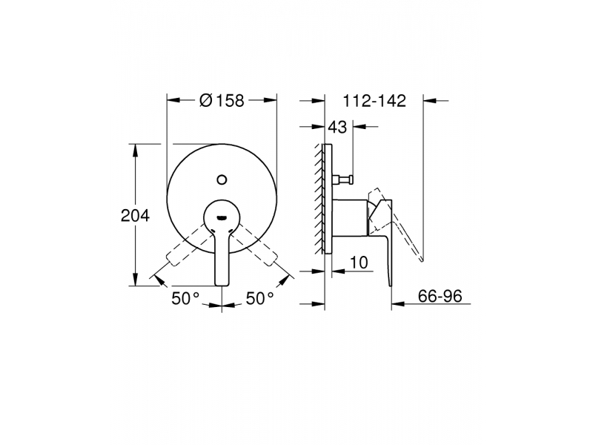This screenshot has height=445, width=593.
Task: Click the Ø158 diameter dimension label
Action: tap(222, 101)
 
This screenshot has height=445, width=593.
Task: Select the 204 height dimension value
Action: tap(135, 216)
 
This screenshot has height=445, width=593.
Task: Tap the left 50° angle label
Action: tap(185, 298)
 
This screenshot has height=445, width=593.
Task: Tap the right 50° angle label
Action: tap(260, 298)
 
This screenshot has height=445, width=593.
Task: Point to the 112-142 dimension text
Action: tap(374, 101)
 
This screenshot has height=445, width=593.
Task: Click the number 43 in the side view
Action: tap(337, 127)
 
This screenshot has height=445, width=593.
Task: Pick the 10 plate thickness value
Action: tap(359, 263)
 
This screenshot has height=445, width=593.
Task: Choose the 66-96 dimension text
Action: tap(440, 295)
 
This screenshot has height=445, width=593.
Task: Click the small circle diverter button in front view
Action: tap(222, 179)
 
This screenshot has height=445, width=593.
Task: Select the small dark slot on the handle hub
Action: tap(221, 217)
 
